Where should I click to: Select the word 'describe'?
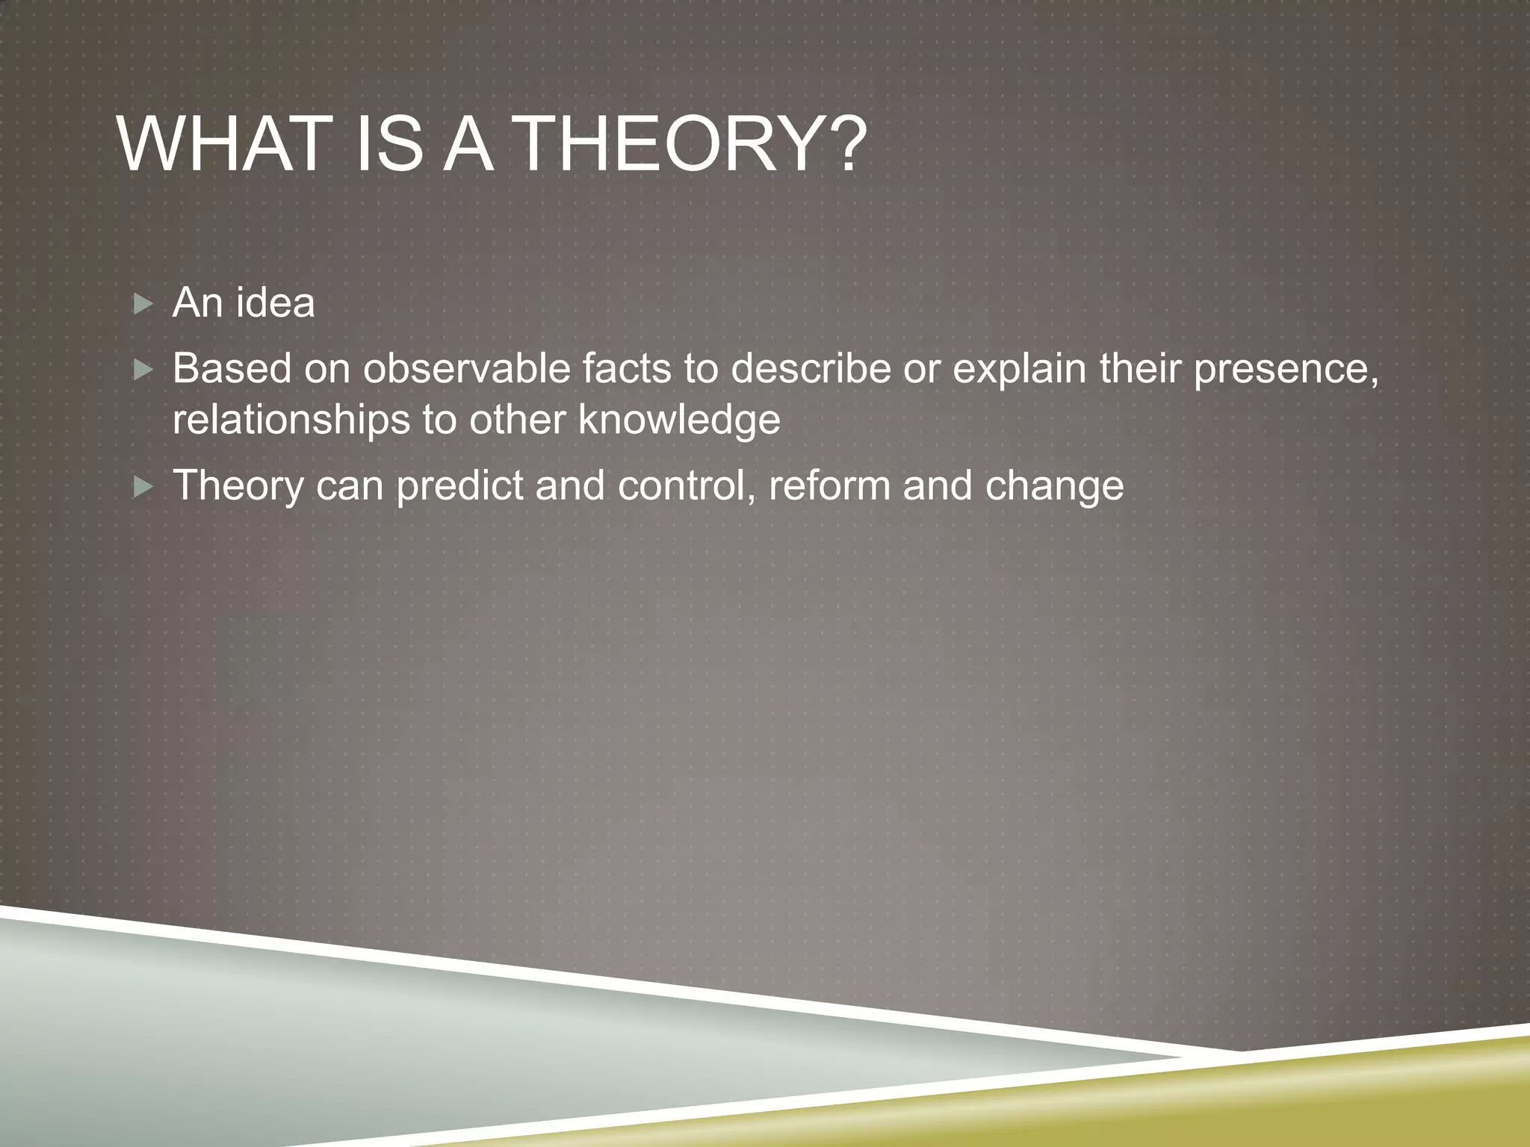[x=810, y=368]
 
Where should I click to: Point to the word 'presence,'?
[x=1286, y=370]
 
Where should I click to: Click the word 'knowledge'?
[x=679, y=420]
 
